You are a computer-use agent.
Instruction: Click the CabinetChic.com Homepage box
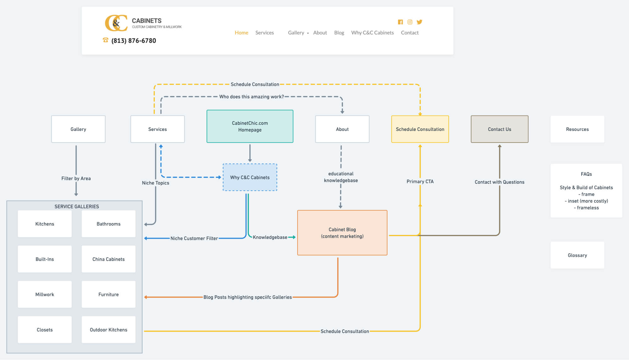click(x=250, y=126)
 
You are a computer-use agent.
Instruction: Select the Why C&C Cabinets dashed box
click(x=250, y=177)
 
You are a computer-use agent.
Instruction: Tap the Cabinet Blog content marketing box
click(x=342, y=233)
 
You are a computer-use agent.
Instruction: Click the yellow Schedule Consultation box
click(x=420, y=129)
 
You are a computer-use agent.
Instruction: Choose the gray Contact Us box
click(x=499, y=129)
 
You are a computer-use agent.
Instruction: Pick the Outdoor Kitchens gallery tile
click(x=109, y=329)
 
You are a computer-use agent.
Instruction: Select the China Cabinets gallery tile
click(x=109, y=259)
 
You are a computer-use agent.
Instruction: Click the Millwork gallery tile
click(x=45, y=294)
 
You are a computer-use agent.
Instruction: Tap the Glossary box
click(x=577, y=255)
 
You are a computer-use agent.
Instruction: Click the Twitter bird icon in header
click(x=419, y=22)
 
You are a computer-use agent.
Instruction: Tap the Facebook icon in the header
click(x=400, y=22)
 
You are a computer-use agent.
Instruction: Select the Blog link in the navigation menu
click(x=339, y=33)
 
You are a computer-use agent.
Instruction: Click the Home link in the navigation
click(x=241, y=33)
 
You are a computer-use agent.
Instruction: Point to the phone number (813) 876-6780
click(x=134, y=41)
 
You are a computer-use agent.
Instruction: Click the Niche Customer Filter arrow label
click(x=194, y=238)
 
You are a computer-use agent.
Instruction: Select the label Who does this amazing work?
click(x=251, y=97)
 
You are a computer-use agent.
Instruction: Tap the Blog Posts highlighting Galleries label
click(x=248, y=297)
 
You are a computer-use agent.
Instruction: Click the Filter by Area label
click(x=76, y=178)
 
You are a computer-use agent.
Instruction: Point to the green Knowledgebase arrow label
click(x=270, y=237)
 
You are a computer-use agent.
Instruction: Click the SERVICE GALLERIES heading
click(x=77, y=206)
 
